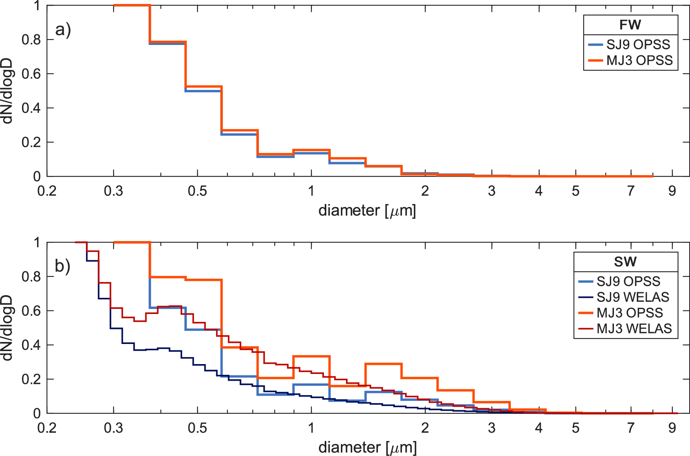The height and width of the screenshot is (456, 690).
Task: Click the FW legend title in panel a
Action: pos(630,25)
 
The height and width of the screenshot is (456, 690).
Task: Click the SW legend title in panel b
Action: pos(625,262)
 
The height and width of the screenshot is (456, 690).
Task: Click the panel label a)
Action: pos(63,30)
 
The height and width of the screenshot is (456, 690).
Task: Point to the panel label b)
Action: pos(63,266)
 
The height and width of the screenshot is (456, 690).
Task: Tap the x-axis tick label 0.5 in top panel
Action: pos(197,191)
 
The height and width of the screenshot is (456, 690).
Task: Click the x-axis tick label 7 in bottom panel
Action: pos(631,428)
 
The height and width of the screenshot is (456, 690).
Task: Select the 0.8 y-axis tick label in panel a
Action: pos(31,39)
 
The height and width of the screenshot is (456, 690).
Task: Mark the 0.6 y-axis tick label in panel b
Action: pos(31,311)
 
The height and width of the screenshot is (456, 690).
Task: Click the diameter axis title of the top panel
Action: pos(367,211)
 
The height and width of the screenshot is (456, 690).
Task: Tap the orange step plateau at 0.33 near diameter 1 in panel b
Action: pos(311,357)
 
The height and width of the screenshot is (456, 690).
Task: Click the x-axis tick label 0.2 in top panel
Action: pos(47,191)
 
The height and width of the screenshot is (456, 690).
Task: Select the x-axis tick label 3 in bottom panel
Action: pos(491,428)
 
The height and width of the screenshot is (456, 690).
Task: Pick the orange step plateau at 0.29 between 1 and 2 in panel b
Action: pos(383,364)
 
